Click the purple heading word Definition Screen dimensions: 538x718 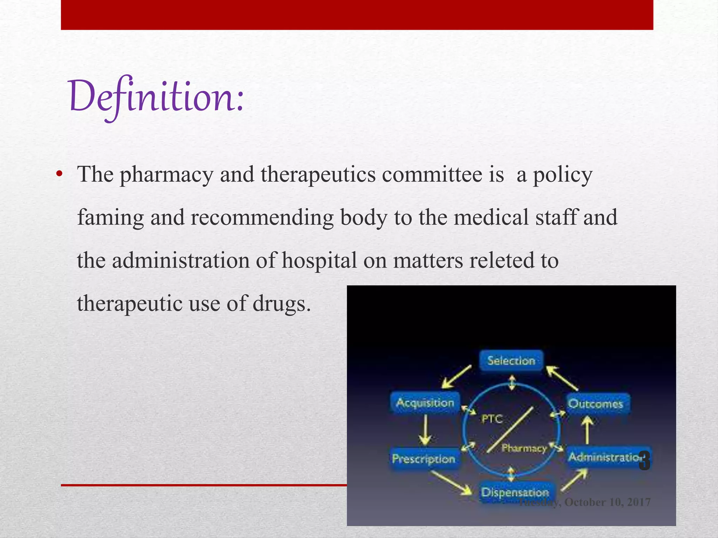(x=156, y=96)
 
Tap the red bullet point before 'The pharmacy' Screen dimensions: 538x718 (x=59, y=174)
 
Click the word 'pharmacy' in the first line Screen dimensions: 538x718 (x=167, y=175)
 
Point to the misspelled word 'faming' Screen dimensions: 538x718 (x=110, y=218)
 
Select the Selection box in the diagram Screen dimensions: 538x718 (x=511, y=361)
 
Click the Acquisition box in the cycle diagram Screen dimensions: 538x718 (x=425, y=403)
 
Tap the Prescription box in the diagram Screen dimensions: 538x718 (x=424, y=459)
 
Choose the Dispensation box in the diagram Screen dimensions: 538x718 (x=515, y=492)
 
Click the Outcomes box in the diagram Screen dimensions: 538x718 (x=596, y=404)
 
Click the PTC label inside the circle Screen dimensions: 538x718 (x=492, y=419)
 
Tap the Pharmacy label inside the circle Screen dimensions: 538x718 (x=524, y=448)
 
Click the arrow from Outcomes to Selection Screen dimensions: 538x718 (x=562, y=378)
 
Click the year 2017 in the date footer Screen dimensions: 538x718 (x=639, y=502)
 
